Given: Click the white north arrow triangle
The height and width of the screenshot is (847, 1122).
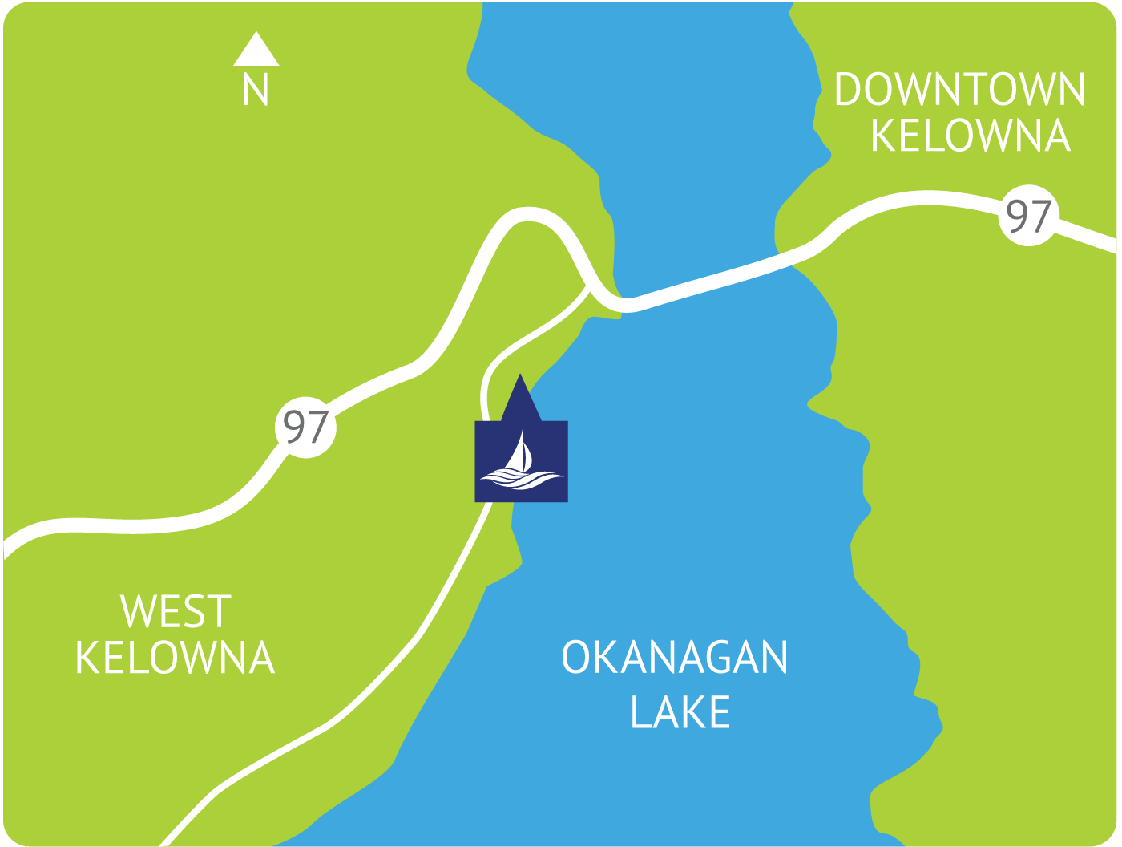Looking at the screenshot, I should point(256,51).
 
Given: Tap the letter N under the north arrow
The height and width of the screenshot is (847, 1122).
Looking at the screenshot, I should point(256,89).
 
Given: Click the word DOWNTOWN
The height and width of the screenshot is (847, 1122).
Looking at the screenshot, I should point(959,89).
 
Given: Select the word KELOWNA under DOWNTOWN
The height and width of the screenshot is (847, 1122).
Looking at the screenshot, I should point(971,136).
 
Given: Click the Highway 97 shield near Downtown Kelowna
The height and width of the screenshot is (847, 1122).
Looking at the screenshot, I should point(1029,216).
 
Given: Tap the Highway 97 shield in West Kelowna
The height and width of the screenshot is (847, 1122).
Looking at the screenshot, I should point(306,427).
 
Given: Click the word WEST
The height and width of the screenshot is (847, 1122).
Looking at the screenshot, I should point(176,611).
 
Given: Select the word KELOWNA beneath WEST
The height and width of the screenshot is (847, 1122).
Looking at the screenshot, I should point(175,658).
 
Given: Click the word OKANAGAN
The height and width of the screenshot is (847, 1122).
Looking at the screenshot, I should point(675,658).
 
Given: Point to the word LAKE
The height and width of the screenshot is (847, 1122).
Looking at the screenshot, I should point(680,711).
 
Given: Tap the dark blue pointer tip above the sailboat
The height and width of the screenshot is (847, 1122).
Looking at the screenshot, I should point(521,385).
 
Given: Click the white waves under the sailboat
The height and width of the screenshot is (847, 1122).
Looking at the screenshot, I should point(521,479).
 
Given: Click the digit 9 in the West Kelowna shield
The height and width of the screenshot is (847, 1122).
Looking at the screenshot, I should point(295,427).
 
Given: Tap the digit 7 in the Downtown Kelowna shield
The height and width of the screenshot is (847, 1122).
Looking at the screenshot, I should point(1039,216).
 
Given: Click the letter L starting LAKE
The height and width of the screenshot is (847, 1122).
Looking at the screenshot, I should point(640,711).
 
